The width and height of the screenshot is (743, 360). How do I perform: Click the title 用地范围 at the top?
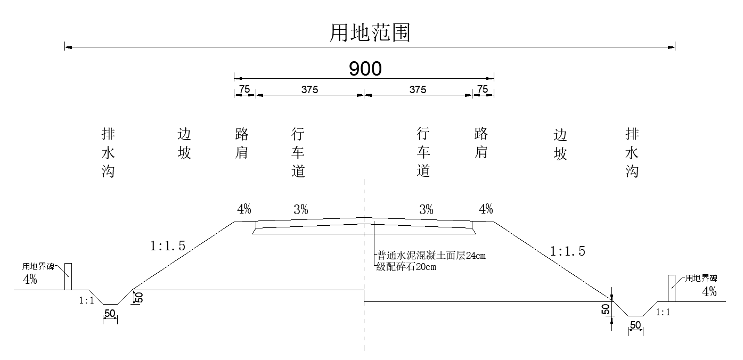(x=370, y=34)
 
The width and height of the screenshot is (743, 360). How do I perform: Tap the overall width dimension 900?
(x=365, y=69)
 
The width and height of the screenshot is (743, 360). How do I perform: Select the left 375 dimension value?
(x=309, y=89)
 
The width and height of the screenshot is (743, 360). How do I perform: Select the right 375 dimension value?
(x=418, y=89)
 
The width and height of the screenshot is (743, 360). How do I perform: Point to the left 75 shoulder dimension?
(x=244, y=89)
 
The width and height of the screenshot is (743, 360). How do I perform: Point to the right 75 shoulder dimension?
(x=483, y=89)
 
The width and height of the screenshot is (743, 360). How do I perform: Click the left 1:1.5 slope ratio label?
(x=168, y=246)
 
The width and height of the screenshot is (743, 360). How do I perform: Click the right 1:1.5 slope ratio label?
(x=568, y=251)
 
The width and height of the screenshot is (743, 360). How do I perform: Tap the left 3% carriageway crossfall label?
(x=301, y=210)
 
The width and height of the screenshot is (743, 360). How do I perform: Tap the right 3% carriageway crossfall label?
(x=426, y=210)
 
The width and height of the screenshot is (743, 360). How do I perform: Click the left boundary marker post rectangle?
(x=68, y=276)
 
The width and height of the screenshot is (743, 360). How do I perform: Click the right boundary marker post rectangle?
(x=672, y=288)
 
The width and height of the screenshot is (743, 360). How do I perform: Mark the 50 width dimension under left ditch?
(x=110, y=314)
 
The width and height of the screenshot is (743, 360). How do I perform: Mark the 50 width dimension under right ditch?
(x=635, y=325)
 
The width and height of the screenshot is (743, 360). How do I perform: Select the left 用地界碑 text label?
(x=38, y=266)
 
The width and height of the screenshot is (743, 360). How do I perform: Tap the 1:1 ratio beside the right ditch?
(x=663, y=313)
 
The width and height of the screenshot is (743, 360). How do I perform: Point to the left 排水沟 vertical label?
(x=108, y=152)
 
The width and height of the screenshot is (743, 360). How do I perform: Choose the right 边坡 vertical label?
(x=560, y=144)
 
